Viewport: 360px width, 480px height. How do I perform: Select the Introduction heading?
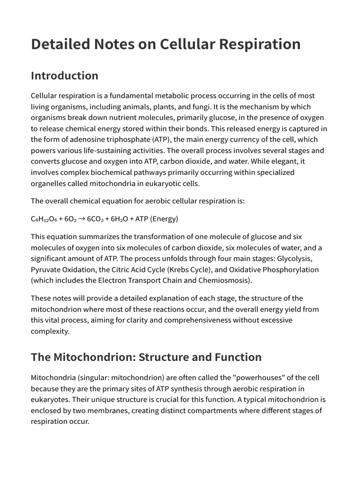(x=65, y=76)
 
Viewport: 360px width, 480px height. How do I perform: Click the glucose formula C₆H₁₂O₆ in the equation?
(x=44, y=219)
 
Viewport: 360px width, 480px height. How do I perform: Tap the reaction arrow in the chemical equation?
(x=81, y=219)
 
